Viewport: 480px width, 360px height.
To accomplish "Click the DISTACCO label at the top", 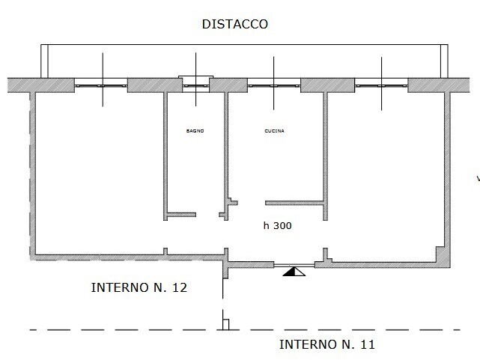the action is pyautogui.click(x=235, y=24).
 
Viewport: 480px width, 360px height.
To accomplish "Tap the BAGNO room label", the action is pyautogui.click(x=195, y=131).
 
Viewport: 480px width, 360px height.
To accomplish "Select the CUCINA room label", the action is pyautogui.click(x=274, y=131).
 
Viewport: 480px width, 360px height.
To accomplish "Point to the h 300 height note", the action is pyautogui.click(x=277, y=226).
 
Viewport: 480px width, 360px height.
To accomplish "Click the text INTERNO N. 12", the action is pyautogui.click(x=139, y=287).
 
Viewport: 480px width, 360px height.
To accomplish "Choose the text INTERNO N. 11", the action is pyautogui.click(x=327, y=344).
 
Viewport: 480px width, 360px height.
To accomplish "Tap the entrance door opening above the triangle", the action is pyautogui.click(x=294, y=266).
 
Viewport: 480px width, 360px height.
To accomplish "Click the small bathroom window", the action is pyautogui.click(x=196, y=85).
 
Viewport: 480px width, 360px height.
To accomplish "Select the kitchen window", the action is pyautogui.click(x=274, y=85).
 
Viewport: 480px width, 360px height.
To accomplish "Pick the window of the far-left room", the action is pyautogui.click(x=101, y=85).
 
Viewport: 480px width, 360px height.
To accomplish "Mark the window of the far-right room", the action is pyautogui.click(x=381, y=85).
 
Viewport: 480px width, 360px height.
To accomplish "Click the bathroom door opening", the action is pyautogui.click(x=207, y=215).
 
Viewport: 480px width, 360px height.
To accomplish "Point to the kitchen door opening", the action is pyautogui.click(x=252, y=203).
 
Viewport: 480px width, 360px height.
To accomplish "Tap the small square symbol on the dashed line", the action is pyautogui.click(x=225, y=325).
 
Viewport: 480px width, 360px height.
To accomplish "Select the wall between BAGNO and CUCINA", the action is pyautogui.click(x=226, y=156).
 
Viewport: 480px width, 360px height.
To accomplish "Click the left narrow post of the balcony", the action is pyautogui.click(x=45, y=61).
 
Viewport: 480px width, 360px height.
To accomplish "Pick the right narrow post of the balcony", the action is pyautogui.click(x=444, y=61).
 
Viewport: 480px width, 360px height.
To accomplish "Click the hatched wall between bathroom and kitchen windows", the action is pyautogui.click(x=228, y=85).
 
